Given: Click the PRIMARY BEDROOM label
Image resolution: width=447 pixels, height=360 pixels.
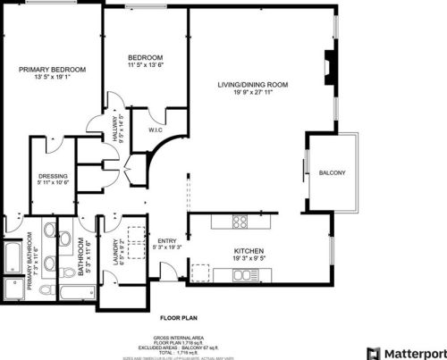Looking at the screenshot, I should (x=53, y=70).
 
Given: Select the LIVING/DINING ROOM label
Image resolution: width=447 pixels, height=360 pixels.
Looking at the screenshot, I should (x=258, y=86).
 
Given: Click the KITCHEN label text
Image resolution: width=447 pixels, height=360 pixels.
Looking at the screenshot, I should (x=248, y=251).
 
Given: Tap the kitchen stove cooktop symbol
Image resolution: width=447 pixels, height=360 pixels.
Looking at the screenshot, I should (x=240, y=221).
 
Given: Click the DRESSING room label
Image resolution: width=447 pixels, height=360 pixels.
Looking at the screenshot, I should (x=53, y=175).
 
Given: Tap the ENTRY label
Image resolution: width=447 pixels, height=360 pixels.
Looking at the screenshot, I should (x=167, y=241).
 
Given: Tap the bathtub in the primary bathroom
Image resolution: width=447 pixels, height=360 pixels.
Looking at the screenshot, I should (x=12, y=256).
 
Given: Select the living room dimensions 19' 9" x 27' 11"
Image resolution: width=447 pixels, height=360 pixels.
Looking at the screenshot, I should (x=258, y=93).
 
